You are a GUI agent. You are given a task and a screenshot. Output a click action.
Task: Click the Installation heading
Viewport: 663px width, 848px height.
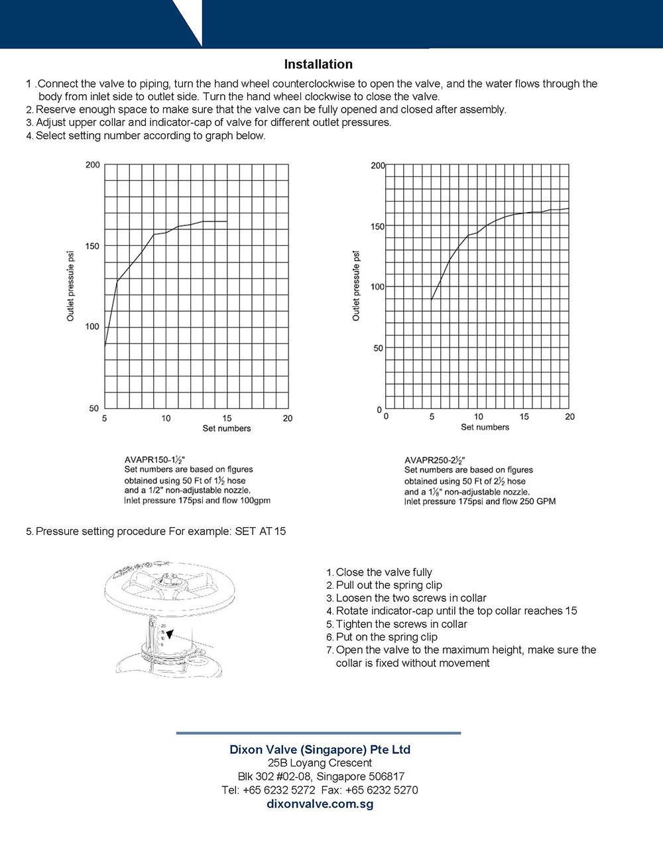tap(318, 64)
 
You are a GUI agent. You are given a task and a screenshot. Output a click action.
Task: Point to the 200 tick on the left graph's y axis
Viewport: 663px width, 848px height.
tap(93, 164)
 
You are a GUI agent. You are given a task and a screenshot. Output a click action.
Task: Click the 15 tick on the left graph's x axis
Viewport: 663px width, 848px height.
tap(227, 418)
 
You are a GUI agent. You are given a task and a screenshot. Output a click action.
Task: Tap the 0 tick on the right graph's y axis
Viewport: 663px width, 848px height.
tap(380, 410)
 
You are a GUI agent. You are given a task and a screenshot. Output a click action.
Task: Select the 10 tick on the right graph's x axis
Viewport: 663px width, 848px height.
tap(478, 416)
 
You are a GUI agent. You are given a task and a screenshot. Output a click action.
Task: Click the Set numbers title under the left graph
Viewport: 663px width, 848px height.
tap(227, 428)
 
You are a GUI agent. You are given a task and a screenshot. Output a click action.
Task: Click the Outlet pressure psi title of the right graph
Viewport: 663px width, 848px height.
tap(356, 286)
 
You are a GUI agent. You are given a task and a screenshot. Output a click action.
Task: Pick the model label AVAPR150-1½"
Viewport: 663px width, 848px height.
tap(154, 459)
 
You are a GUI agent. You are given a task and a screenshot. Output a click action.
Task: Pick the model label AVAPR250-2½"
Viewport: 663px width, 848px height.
tap(435, 460)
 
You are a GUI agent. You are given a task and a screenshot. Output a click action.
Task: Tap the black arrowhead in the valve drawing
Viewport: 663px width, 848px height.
tap(170, 634)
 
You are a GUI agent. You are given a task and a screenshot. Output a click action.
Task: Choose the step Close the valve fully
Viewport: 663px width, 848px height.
tap(383, 572)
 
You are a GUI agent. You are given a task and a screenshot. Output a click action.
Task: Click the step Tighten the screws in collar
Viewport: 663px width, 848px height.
tap(401, 624)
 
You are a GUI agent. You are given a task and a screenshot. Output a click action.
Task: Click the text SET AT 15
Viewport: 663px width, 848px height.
tap(261, 531)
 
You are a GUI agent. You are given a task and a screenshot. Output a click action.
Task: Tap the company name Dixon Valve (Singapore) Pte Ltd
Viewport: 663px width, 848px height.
tap(320, 749)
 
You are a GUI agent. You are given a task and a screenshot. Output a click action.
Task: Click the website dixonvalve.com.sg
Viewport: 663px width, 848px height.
tap(320, 804)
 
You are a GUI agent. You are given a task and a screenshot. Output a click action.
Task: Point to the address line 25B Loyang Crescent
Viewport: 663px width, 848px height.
tap(320, 762)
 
